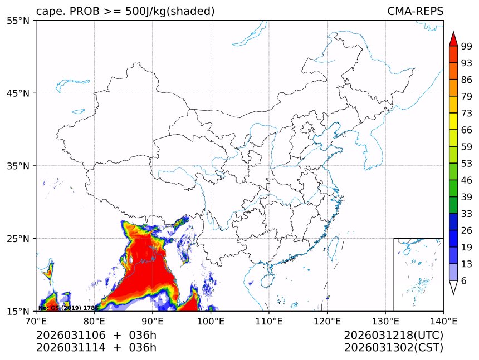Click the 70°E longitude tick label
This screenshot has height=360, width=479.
(x=36, y=320)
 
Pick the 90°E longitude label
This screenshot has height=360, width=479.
(x=153, y=320)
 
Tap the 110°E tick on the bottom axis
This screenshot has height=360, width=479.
(x=269, y=320)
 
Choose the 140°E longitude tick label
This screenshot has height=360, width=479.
(x=443, y=320)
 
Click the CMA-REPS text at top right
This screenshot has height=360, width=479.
(x=415, y=11)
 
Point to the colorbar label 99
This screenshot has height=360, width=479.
(x=466, y=47)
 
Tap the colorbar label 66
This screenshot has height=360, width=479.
(x=466, y=130)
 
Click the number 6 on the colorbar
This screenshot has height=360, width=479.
(x=463, y=280)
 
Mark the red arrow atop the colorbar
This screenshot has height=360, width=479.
(x=453, y=39)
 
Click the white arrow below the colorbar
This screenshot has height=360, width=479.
(x=453, y=287)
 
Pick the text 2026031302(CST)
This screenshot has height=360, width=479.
(x=393, y=348)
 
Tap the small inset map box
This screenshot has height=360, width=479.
(x=418, y=274)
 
